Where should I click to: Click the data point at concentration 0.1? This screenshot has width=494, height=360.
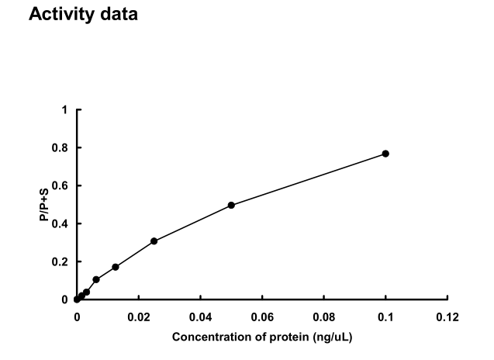(385, 154)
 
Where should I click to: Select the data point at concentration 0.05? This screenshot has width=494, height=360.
(231, 205)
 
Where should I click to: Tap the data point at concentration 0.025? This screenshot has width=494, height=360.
(154, 241)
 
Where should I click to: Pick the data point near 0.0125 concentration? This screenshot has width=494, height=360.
(116, 267)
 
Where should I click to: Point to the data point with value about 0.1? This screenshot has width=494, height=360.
(96, 279)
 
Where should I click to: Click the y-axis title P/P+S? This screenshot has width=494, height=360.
(45, 205)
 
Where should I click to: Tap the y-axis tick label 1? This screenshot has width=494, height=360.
(66, 110)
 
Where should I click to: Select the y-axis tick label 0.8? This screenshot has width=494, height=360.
(62, 148)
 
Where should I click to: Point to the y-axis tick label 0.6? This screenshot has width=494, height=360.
(62, 186)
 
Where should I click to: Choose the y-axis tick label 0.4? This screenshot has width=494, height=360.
(62, 223)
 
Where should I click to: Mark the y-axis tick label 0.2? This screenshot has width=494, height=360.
(62, 261)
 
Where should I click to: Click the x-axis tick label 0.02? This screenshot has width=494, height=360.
(138, 317)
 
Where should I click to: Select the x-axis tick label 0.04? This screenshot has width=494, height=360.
(200, 317)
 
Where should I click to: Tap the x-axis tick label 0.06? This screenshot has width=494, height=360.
(262, 317)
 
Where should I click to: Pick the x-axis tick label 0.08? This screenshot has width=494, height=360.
(324, 317)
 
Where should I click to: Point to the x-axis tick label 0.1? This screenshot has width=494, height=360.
(386, 317)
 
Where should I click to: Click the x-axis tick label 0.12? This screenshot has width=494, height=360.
(447, 317)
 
